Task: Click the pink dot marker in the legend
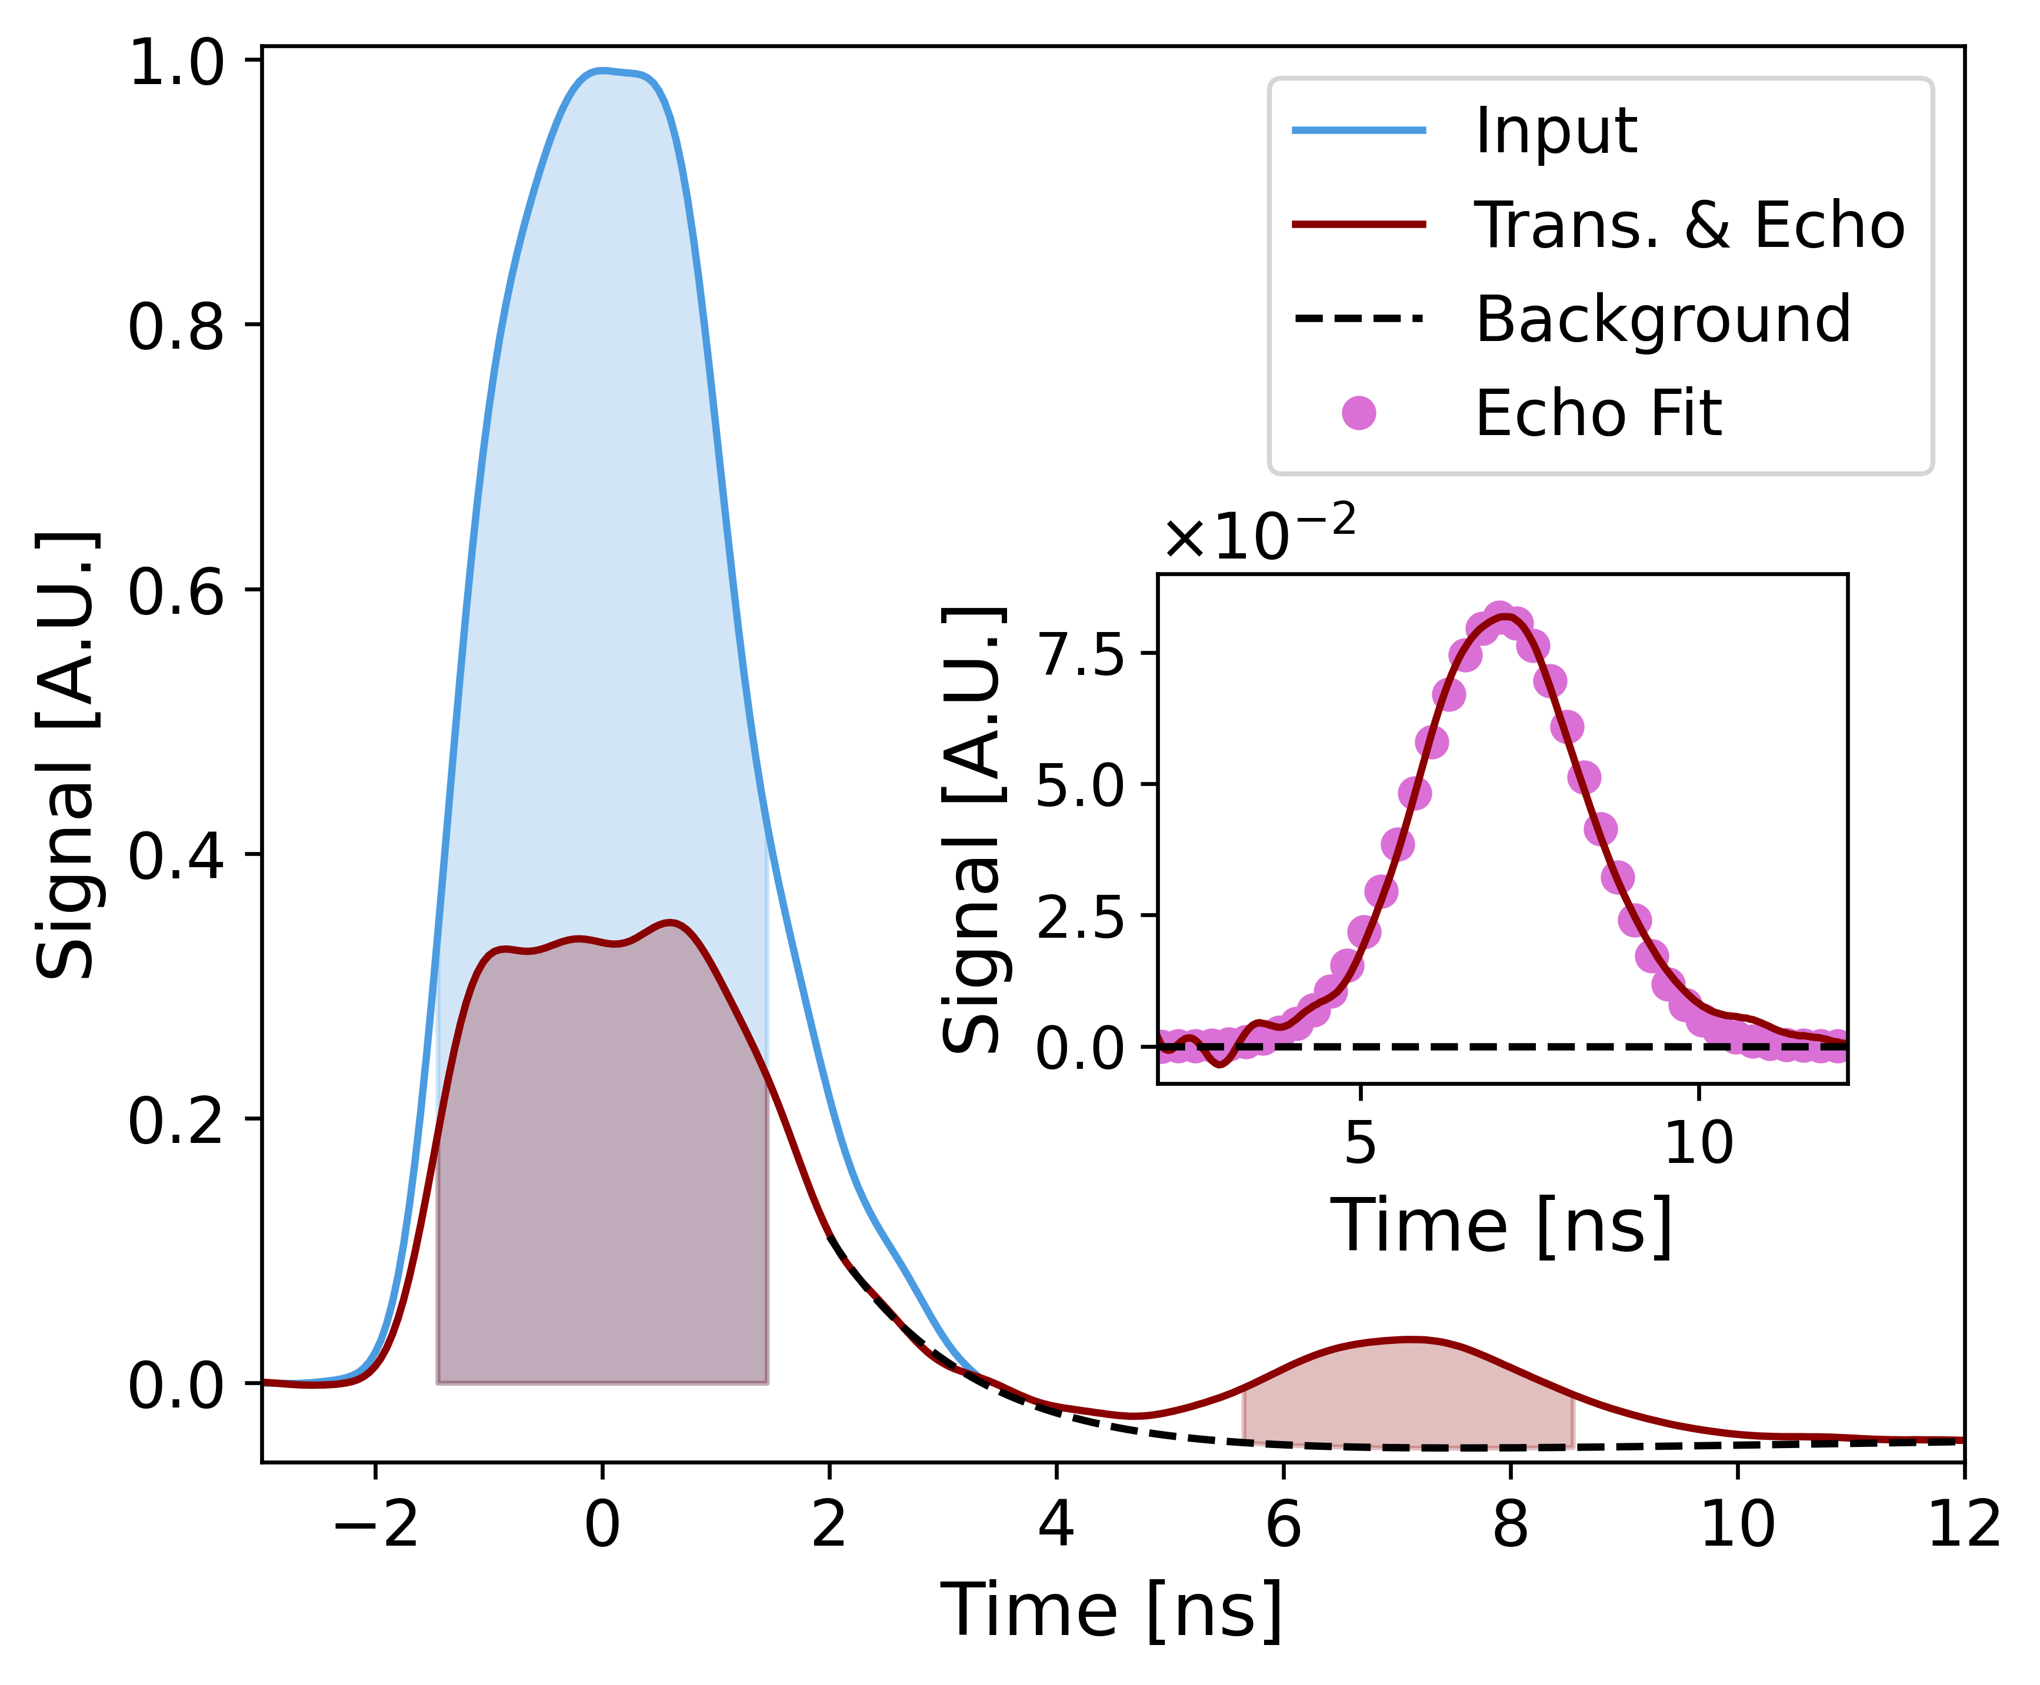click(x=1358, y=413)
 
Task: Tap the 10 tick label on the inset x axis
click(x=1698, y=1144)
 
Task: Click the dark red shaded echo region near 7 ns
click(x=1408, y=1398)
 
